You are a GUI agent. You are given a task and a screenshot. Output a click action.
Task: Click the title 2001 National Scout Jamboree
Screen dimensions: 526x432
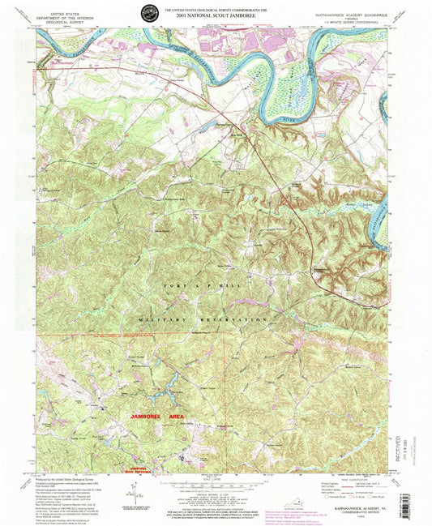(x=216, y=14)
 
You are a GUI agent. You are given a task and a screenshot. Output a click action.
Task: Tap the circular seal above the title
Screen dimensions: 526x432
(x=150, y=12)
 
